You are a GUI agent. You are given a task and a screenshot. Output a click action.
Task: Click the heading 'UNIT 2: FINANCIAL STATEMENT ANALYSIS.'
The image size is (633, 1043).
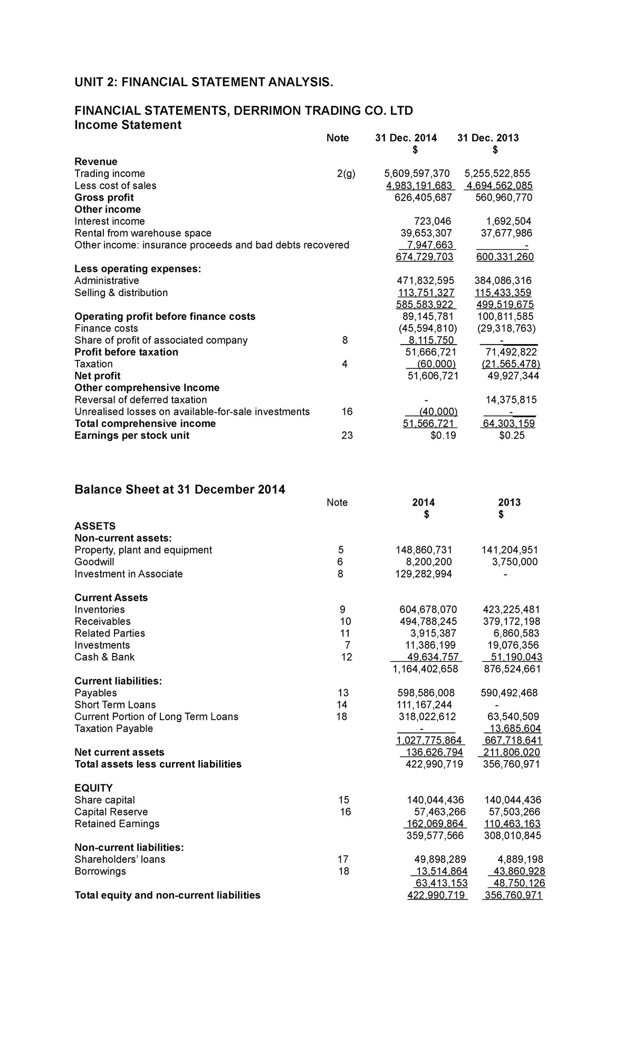(204, 82)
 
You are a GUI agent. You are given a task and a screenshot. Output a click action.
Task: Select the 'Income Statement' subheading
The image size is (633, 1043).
(128, 125)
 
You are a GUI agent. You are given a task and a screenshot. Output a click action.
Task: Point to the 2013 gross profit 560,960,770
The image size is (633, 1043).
(501, 197)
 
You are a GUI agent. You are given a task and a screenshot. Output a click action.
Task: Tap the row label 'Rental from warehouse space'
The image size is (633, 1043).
(143, 233)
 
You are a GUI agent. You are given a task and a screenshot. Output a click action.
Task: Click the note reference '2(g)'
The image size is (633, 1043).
(346, 174)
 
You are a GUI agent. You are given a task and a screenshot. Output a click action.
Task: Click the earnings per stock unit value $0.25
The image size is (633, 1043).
(512, 435)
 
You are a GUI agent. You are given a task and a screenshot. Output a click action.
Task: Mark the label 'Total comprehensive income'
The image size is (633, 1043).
(145, 424)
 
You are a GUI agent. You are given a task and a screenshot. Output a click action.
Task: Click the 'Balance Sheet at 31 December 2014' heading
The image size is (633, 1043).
(179, 490)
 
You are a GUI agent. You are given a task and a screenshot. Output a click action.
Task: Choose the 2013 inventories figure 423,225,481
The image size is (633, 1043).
(511, 610)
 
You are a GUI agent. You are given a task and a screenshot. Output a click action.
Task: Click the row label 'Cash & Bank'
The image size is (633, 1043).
(104, 657)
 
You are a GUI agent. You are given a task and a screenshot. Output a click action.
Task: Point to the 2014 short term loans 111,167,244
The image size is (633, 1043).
(424, 705)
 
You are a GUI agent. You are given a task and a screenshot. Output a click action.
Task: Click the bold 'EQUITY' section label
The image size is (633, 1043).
(93, 788)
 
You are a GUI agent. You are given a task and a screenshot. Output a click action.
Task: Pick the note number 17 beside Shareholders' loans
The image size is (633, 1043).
(343, 859)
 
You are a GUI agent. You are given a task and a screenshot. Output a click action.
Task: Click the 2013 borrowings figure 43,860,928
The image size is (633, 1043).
(517, 871)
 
